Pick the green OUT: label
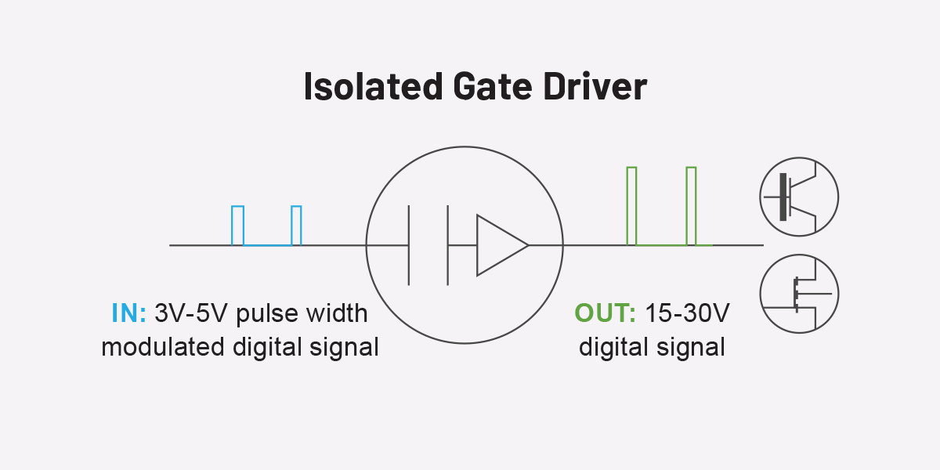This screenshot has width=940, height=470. tap(606, 313)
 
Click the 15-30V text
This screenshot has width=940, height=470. tap(687, 313)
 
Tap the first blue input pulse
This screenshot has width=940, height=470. tap(237, 226)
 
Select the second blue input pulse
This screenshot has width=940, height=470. tap(296, 226)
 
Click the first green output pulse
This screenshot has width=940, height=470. tap(632, 206)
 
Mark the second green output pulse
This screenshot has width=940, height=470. tap(691, 206)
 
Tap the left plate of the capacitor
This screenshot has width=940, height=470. tap(408, 245)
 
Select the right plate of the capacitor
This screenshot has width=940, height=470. tap(448, 245)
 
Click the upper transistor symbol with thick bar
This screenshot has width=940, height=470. tap(799, 196)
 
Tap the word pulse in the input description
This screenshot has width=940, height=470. tap(265, 313)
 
